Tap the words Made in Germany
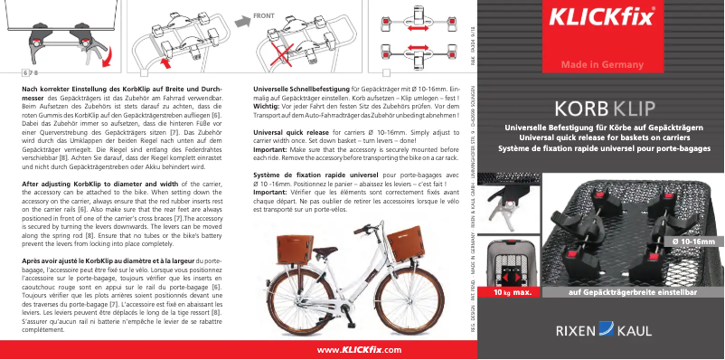point(601,65)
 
